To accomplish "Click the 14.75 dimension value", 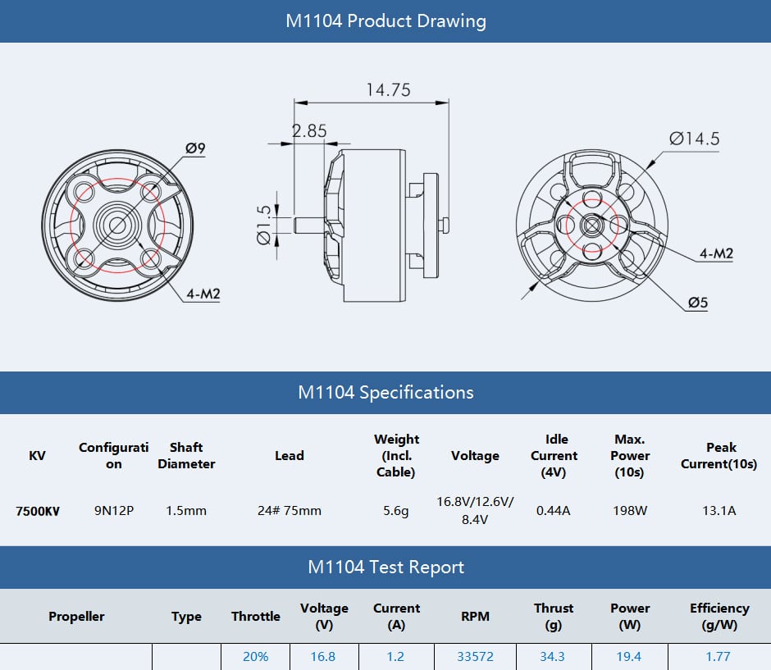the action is pos(389,90).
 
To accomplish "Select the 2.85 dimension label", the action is pos(309,130).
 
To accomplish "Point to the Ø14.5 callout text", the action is pos(694,139).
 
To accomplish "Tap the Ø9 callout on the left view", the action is pos(195,148).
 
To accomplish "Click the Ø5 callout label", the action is pos(698,303).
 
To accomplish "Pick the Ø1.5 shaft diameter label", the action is pos(264,225).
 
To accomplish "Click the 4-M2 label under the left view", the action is pos(203,294).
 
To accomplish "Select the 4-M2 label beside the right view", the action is pos(716,253).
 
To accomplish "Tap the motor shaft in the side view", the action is pos(309,226).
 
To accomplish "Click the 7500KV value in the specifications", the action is pos(38,511).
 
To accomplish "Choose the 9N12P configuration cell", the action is pos(113,511).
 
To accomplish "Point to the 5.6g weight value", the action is pos(396,511).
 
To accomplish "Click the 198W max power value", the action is pos(630,511).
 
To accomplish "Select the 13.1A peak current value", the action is pos(719,511).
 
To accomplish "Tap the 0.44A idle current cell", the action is pos(553,511).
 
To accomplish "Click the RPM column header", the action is pos(475,617).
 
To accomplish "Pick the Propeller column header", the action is pos(76,617).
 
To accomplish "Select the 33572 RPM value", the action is pos(475,657).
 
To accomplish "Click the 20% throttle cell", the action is pos(255,657).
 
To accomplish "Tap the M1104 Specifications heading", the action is pos(385,393).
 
